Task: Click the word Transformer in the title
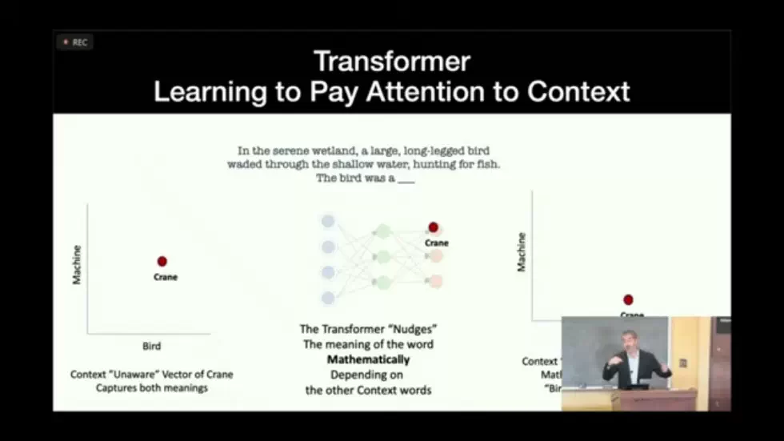click(391, 62)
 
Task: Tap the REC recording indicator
click(75, 42)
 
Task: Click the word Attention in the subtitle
click(442, 91)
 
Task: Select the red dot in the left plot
click(162, 261)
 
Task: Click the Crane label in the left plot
click(165, 277)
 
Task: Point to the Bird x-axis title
click(151, 346)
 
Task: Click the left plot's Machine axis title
click(78, 264)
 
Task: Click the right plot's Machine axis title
click(522, 252)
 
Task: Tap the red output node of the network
click(434, 227)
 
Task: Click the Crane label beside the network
click(437, 243)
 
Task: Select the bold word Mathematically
click(368, 359)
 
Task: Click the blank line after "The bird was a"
click(406, 178)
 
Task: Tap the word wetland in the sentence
click(330, 150)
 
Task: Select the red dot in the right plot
click(628, 299)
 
